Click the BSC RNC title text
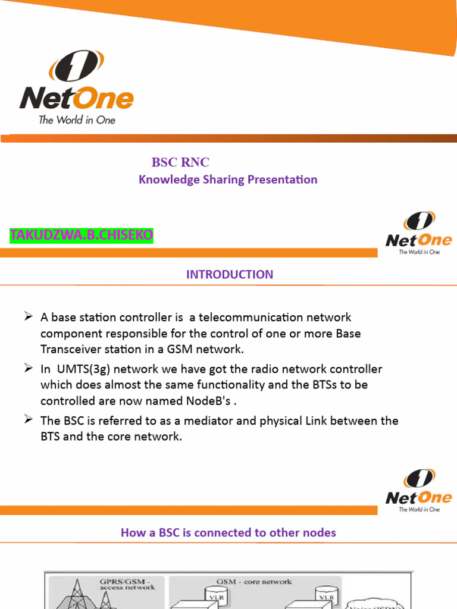click(180, 162)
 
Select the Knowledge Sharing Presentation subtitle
click(228, 180)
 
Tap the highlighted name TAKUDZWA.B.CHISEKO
click(82, 236)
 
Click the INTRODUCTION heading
click(230, 274)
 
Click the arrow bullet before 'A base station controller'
click(28, 317)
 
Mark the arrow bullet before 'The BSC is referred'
click(28, 420)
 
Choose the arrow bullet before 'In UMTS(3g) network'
click(28, 369)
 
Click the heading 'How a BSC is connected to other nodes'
click(228, 532)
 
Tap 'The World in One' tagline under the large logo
click(77, 120)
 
